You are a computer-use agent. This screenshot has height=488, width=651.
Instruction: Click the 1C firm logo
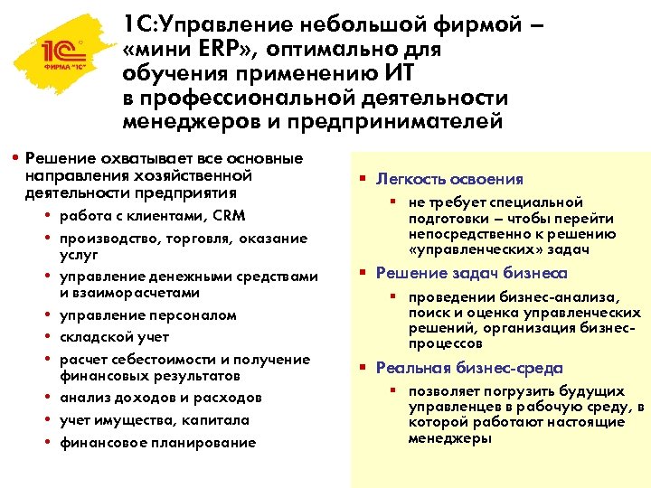pyautogui.click(x=56, y=57)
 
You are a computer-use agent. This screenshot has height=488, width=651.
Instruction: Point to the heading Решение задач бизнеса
pyautogui.click(x=471, y=274)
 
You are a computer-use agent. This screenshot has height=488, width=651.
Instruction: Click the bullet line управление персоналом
pyautogui.click(x=147, y=315)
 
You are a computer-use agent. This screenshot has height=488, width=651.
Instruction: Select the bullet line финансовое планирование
pyautogui.click(x=157, y=443)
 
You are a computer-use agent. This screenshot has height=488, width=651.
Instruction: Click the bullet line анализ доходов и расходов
pyautogui.click(x=160, y=398)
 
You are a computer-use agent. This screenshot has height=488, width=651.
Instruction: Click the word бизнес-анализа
pyautogui.click(x=561, y=297)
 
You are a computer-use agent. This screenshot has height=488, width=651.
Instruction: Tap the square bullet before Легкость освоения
pyautogui.click(x=360, y=179)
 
